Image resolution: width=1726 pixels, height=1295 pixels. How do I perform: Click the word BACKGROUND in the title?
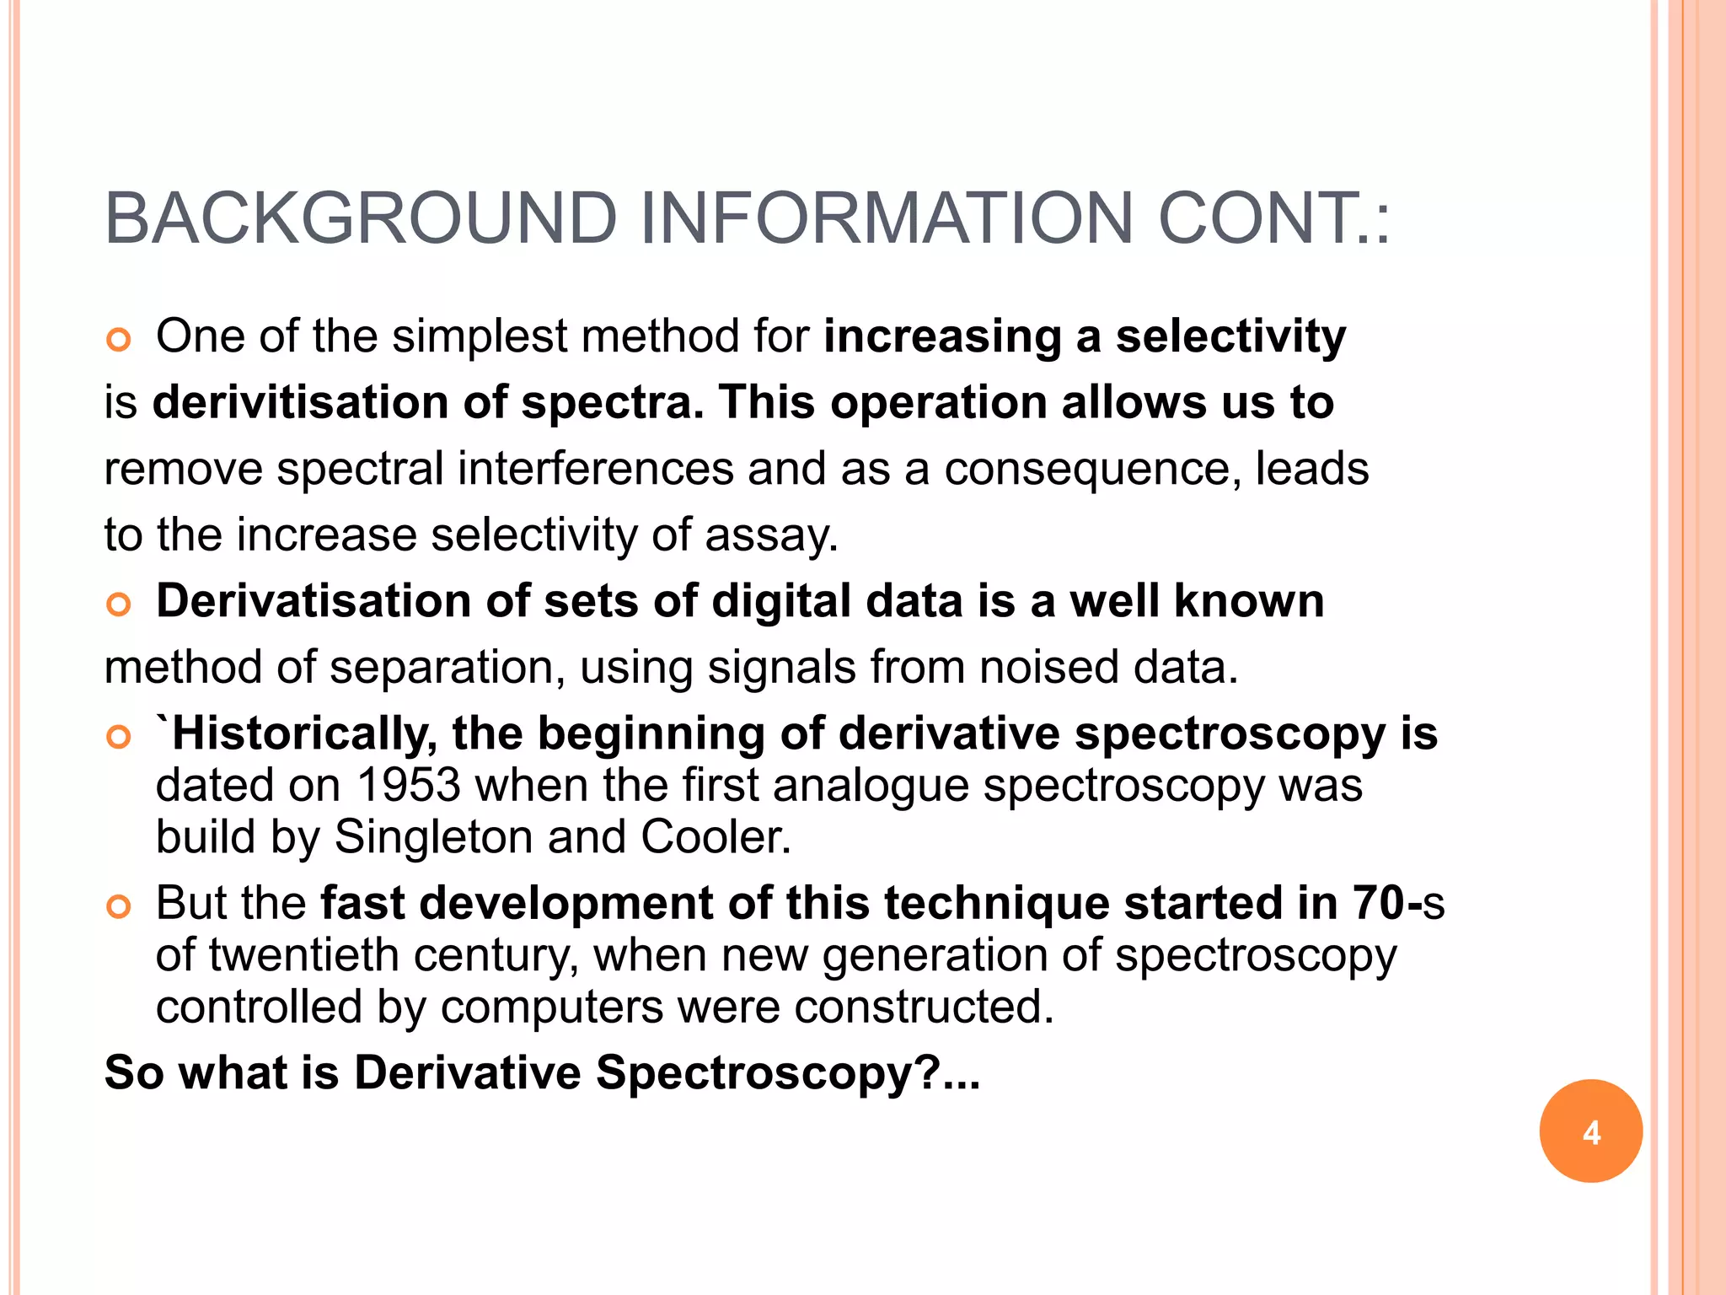[x=361, y=219]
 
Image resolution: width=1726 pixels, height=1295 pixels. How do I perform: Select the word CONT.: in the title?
[x=1273, y=219]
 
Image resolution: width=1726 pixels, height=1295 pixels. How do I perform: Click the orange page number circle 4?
[x=1590, y=1131]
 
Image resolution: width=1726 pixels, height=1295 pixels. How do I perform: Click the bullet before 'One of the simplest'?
[x=119, y=340]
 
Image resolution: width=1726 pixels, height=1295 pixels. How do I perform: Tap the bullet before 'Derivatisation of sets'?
[x=119, y=605]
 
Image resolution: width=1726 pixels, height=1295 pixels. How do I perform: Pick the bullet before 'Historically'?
[x=119, y=737]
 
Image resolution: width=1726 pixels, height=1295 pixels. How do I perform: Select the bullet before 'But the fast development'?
[x=119, y=907]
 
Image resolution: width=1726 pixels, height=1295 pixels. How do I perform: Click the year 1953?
[x=409, y=786]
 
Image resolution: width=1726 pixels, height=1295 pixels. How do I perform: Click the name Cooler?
[x=716, y=837]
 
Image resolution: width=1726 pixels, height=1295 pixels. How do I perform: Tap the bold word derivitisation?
[x=300, y=402]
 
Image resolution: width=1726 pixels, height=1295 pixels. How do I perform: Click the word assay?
[x=771, y=536]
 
